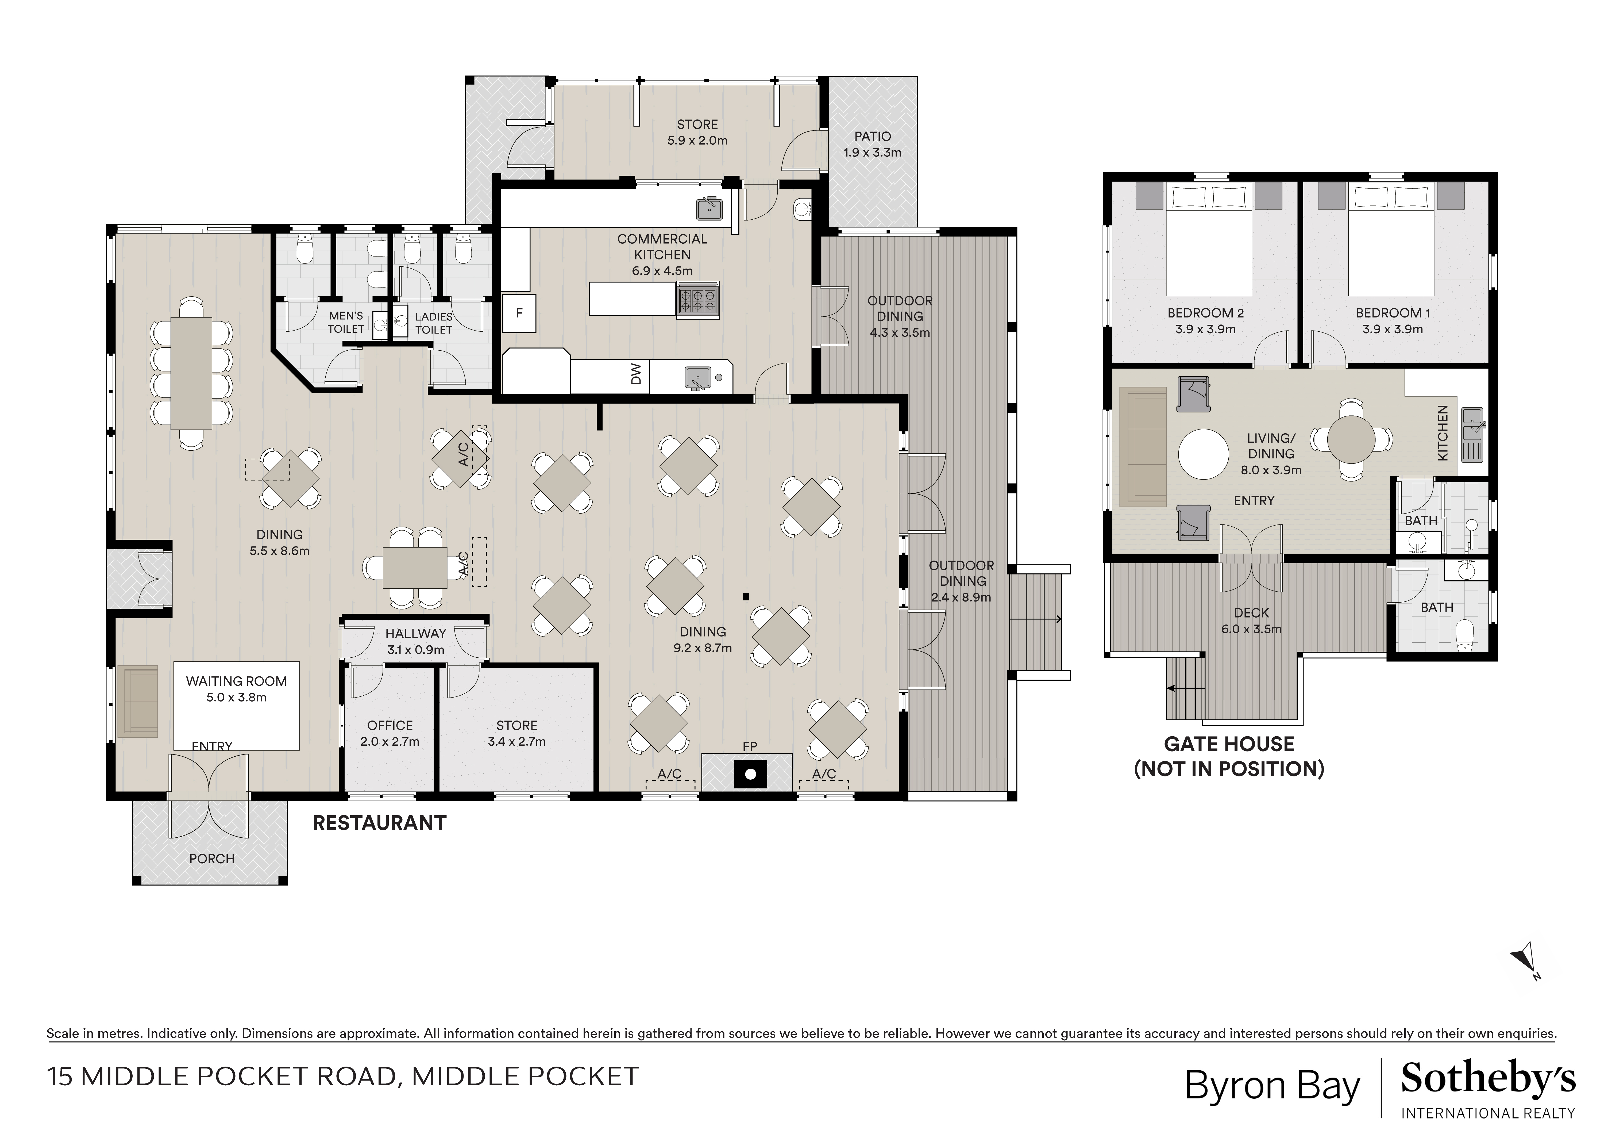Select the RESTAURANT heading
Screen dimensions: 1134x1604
tap(379, 823)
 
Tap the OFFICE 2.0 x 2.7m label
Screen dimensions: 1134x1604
tap(390, 733)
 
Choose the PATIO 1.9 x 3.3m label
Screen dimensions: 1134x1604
tap(872, 144)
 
